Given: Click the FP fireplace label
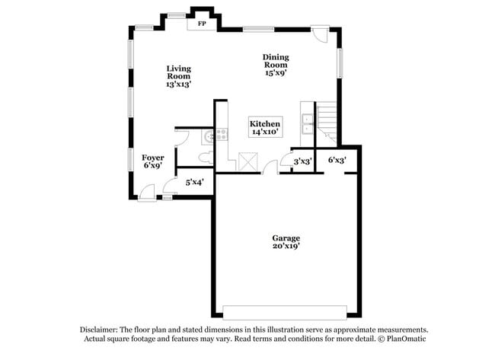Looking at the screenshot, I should point(202,24).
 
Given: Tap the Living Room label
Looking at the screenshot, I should point(178,76).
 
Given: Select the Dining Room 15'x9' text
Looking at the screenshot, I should point(276,65).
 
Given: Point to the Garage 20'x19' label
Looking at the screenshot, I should point(286,241).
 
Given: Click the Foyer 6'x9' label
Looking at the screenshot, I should point(153,161).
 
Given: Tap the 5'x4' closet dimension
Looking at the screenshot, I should point(194,182).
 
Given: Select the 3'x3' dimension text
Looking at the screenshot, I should point(302,161).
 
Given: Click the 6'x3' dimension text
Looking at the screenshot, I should point(337,160).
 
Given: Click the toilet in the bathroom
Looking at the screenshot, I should point(204,157).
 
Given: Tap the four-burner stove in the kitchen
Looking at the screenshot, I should point(222,135).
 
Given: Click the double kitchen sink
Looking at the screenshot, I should point(308,123).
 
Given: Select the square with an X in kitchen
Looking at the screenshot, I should point(248,161).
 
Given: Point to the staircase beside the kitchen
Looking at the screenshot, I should point(327,123).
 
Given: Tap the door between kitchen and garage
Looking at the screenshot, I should point(271,167).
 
